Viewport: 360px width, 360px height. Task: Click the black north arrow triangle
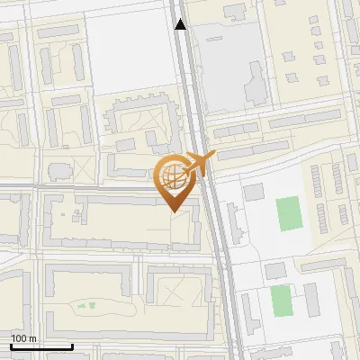pos(181,24)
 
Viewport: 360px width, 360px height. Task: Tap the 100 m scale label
pos(23,338)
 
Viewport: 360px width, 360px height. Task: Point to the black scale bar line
pos(41,346)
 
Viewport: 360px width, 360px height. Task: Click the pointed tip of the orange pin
pos(173,211)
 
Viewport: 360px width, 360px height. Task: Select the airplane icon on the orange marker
pos(199,165)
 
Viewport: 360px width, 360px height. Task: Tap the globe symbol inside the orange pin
pos(173,176)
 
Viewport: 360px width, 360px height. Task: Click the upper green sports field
pos(289,213)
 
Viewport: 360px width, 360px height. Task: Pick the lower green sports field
pos(282,300)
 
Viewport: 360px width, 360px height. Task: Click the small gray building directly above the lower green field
pos(275,271)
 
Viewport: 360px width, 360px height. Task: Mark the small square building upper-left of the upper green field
pos(253,191)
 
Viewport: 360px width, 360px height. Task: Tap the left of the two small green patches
pos(80,307)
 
